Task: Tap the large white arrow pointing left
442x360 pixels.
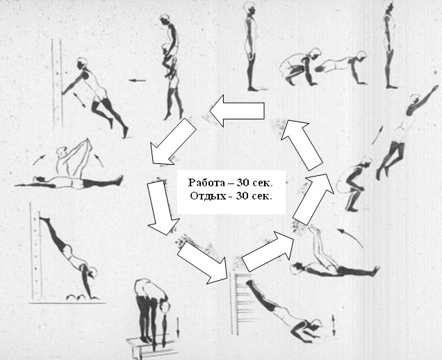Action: [x=238, y=111]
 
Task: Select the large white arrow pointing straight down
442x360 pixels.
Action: [x=163, y=208]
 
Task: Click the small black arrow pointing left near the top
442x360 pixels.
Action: [x=138, y=81]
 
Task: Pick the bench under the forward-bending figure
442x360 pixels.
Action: [x=152, y=347]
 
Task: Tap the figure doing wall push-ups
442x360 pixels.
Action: [x=95, y=96]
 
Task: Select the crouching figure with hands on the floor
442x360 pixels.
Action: [x=299, y=67]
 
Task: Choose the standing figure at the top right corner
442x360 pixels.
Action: [x=390, y=45]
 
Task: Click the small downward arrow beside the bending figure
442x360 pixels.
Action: [x=178, y=327]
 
